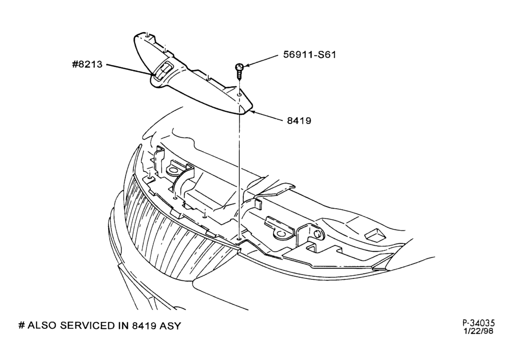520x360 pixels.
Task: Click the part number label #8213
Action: (87, 64)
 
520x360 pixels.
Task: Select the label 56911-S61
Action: (309, 55)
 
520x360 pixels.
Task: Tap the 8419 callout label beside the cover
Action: (299, 121)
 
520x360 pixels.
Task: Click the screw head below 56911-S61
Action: (239, 67)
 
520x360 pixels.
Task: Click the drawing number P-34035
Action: (479, 323)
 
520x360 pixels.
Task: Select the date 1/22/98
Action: (479, 331)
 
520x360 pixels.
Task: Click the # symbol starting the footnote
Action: (21, 326)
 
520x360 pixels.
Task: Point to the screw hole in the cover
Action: (239, 95)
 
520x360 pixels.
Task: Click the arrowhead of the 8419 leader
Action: (251, 112)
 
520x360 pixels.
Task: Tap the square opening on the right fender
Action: (375, 234)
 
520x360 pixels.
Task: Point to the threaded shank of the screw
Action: (239, 74)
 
